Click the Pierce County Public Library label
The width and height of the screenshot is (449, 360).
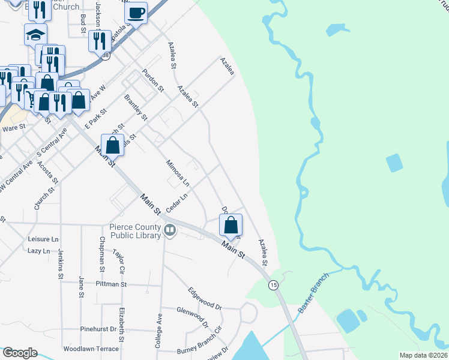[135, 231]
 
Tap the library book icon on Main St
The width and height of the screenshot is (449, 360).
[170, 230]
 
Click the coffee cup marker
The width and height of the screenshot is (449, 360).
[136, 13]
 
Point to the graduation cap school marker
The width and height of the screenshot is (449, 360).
[35, 34]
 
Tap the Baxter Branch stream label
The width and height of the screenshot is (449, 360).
[313, 293]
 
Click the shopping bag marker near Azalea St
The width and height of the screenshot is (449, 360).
[231, 226]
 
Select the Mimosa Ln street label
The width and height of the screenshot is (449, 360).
[178, 173]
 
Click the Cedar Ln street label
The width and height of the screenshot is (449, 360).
[177, 202]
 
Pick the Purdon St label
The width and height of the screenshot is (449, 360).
[153, 80]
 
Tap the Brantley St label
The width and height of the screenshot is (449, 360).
[135, 107]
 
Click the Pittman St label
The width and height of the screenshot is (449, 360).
[110, 284]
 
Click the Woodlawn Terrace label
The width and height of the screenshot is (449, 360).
[91, 349]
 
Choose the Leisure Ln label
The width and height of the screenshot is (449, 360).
[43, 239]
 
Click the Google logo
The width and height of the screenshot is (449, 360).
[19, 353]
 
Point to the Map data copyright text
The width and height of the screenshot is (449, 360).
[424, 355]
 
